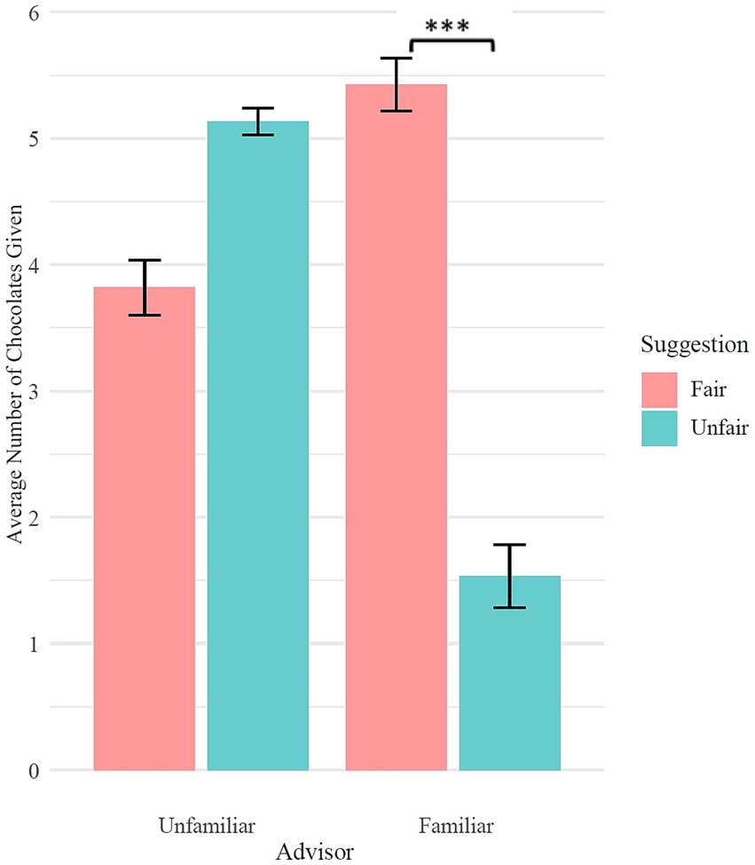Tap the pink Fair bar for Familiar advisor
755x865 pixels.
[x=396, y=427]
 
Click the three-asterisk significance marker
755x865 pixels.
[x=447, y=27]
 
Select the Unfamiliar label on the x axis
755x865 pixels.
[x=207, y=825]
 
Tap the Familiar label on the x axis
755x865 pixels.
[x=455, y=825]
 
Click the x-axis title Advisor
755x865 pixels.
[x=314, y=852]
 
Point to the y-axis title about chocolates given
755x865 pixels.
[x=14, y=390]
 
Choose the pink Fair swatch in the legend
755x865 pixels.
[x=660, y=389]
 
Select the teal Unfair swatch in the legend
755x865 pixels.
[x=660, y=428]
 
